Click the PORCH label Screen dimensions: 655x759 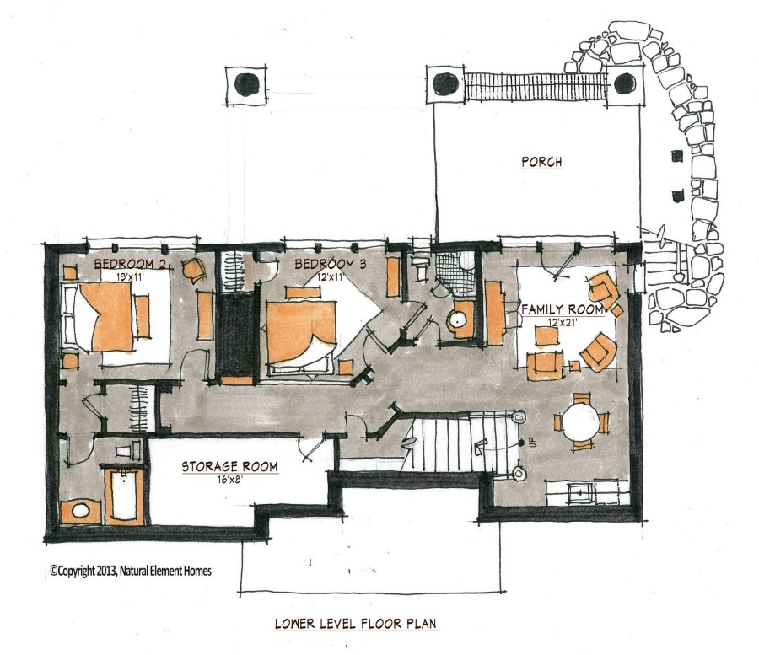click(541, 162)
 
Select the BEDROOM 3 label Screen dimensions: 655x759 click(330, 264)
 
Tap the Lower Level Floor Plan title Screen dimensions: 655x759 click(355, 624)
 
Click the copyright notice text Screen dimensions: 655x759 click(131, 571)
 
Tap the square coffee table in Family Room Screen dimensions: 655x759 click(546, 336)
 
